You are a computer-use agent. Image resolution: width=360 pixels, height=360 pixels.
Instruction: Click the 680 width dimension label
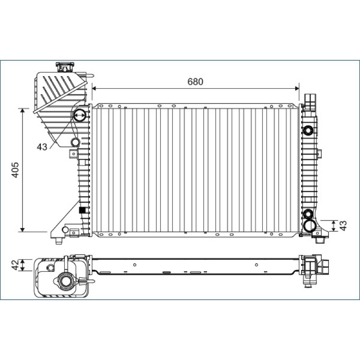coord(195,81)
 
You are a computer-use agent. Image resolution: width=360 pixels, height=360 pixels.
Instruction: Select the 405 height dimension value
coord(15,170)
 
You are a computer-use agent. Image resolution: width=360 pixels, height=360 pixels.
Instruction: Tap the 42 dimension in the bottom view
coord(15,265)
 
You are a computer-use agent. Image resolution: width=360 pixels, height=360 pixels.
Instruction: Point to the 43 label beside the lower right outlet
coord(343,226)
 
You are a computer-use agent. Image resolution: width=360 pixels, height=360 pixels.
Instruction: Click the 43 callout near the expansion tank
coord(42,147)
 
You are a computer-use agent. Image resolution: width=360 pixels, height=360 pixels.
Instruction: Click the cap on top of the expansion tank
coord(65,67)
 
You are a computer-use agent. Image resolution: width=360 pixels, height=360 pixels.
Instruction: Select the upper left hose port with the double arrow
coord(80,115)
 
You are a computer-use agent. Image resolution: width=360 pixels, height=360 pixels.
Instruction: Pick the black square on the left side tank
coord(82,210)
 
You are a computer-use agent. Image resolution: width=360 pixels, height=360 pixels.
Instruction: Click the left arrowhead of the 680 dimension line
coord(94,88)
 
